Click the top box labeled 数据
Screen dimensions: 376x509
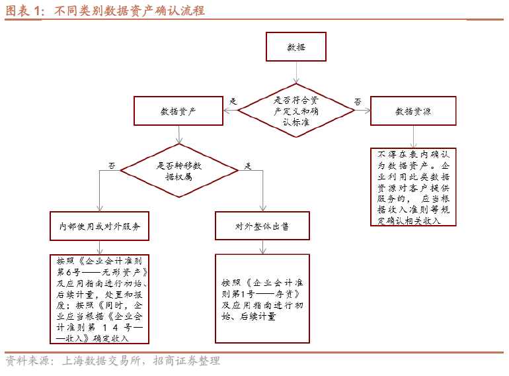[x=296, y=48]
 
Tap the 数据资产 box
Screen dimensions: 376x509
[x=178, y=111]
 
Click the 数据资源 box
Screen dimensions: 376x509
[x=413, y=111]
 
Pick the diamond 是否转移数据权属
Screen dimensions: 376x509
[x=178, y=171]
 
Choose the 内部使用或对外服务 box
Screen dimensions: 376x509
[x=99, y=226]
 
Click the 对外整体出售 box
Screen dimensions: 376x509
[x=262, y=226]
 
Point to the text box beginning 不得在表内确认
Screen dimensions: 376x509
[x=413, y=186]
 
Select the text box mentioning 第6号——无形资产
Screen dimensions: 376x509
[x=99, y=299]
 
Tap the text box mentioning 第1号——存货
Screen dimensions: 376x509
[x=262, y=299]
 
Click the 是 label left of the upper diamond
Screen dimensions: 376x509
[x=233, y=101]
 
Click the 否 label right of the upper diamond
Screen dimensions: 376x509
[x=358, y=101]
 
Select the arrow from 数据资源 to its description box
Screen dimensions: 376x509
[x=413, y=136]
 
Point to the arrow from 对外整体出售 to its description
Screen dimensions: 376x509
[x=262, y=246]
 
